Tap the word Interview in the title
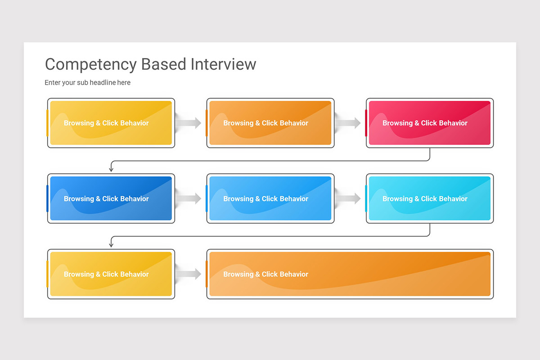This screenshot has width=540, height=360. tap(223, 64)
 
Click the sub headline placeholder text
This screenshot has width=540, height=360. tap(87, 83)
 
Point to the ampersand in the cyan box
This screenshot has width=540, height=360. tap(417, 199)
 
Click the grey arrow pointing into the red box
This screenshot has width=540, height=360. tap(349, 123)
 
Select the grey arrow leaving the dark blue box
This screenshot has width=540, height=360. tap(189, 198)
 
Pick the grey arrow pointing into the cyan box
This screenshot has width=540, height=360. tap(349, 198)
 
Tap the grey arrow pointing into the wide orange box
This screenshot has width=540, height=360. tap(189, 274)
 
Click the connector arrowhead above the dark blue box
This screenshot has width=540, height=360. tap(111, 169)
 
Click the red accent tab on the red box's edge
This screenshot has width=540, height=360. tap(366, 123)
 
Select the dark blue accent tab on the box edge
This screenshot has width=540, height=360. tap(47, 198)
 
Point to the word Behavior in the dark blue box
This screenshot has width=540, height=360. tap(135, 199)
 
